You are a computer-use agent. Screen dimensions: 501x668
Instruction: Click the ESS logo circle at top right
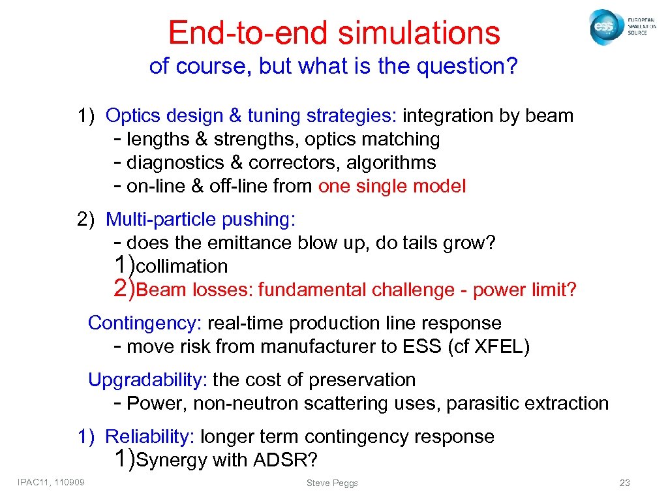click(x=604, y=27)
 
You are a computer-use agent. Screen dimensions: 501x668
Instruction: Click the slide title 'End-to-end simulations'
click(x=334, y=32)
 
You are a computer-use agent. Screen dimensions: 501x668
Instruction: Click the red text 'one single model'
click(x=392, y=187)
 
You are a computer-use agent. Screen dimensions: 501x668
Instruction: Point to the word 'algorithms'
click(x=391, y=163)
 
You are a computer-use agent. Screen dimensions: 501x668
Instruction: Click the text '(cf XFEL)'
click(x=489, y=347)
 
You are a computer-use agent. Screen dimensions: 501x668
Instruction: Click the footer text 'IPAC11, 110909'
click(x=55, y=482)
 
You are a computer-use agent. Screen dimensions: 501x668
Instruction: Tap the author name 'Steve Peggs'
click(x=332, y=483)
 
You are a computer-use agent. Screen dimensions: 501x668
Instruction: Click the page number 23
click(x=624, y=483)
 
